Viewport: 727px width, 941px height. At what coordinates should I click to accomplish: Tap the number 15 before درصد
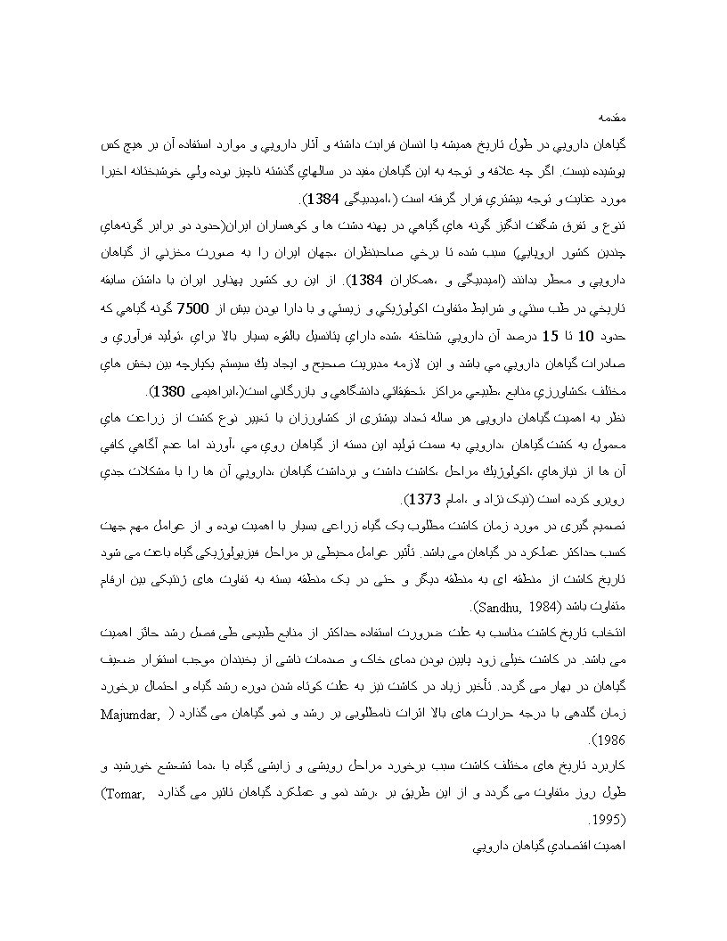(x=552, y=338)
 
